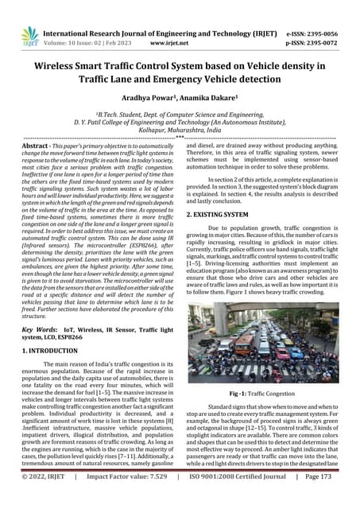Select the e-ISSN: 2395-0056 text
pyautogui.click(x=312, y=24)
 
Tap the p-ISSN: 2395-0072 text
pyautogui.click(x=312, y=36)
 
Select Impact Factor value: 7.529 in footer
pyautogui.click(x=131, y=499)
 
